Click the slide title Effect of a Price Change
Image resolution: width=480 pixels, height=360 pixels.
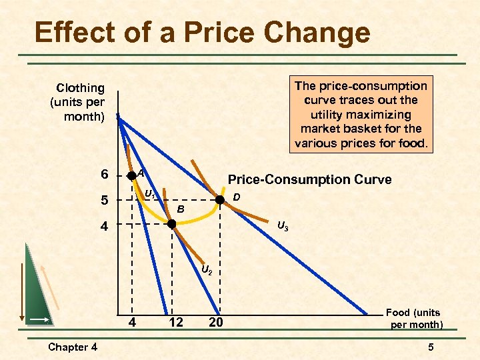[x=202, y=32]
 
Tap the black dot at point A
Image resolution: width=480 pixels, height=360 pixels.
[x=132, y=176]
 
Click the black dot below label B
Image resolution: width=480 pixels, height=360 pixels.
[x=171, y=224]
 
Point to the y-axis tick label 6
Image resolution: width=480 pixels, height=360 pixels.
[x=104, y=175]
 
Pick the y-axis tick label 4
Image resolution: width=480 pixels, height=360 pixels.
[x=104, y=226]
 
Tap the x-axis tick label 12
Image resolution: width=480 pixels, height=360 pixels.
[x=176, y=323]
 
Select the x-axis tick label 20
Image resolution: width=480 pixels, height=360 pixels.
[x=215, y=323]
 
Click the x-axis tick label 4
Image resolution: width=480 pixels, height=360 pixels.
[x=132, y=323]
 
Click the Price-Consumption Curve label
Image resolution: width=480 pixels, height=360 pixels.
[x=309, y=179]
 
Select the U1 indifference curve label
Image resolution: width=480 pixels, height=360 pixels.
[x=151, y=195]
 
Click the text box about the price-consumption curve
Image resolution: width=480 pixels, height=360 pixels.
[x=361, y=114]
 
